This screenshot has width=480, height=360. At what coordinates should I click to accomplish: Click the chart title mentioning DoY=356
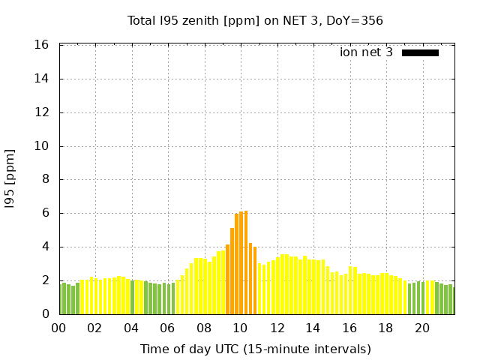pyautogui.click(x=255, y=20)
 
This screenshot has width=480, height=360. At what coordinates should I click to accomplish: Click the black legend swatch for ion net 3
pyautogui.click(x=420, y=52)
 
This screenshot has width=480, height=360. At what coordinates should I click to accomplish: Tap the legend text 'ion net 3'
pyautogui.click(x=366, y=52)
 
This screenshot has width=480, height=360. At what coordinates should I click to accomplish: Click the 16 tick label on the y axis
pyautogui.click(x=43, y=45)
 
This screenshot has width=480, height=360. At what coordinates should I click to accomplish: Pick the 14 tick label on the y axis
pyautogui.click(x=43, y=79)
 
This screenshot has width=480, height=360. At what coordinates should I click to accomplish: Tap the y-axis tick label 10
pyautogui.click(x=43, y=146)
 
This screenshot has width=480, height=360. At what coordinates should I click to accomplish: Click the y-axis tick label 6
pyautogui.click(x=46, y=213)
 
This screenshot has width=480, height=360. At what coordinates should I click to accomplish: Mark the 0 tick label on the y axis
pyautogui.click(x=46, y=314)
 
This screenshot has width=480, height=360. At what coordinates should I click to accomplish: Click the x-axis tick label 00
pyautogui.click(x=58, y=328)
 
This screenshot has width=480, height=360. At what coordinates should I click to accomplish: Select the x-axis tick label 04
pyautogui.click(x=131, y=328)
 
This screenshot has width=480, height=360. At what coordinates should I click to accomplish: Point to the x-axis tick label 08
pyautogui.click(x=204, y=328)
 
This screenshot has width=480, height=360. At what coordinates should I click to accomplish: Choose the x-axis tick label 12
pyautogui.click(x=277, y=328)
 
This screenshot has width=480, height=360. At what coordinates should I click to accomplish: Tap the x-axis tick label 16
pyautogui.click(x=349, y=328)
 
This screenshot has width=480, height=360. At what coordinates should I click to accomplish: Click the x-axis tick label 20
pyautogui.click(x=422, y=328)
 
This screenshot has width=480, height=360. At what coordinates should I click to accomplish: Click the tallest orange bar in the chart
pyautogui.click(x=245, y=262)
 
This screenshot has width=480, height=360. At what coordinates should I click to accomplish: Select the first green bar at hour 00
pyautogui.click(x=60, y=298)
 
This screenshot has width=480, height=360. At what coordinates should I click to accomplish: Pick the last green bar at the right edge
pyautogui.click(x=453, y=301)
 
